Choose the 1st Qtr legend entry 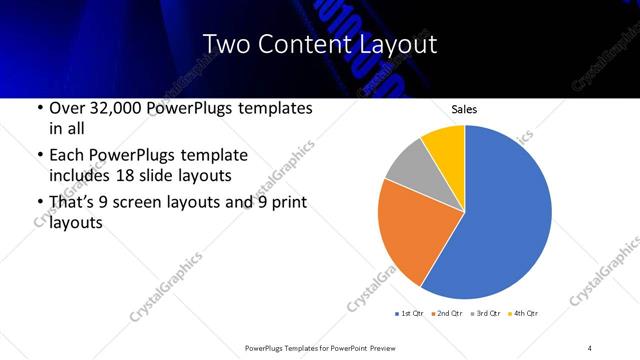point(411,314)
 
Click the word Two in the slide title point(225,44)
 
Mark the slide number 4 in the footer point(590,347)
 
